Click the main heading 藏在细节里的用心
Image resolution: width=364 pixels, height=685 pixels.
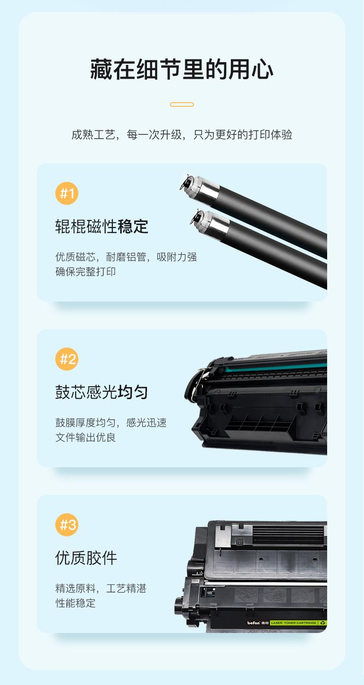182,70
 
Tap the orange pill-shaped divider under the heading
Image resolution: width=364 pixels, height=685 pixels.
182,104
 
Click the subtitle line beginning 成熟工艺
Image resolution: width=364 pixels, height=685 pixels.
182,134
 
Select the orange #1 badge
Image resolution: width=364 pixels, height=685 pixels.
67,193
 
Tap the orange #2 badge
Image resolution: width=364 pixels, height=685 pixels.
67,359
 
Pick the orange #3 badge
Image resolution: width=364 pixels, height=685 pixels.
67,525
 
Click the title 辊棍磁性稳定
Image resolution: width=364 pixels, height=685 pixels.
102,226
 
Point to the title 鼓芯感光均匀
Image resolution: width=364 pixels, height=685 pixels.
102,392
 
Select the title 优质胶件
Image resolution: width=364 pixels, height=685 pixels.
86,558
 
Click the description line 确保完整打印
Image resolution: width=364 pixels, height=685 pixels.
85,272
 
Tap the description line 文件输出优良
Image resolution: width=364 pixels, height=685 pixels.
85,437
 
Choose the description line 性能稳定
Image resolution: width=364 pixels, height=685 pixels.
75,603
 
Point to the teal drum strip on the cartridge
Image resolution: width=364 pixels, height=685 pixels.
276,367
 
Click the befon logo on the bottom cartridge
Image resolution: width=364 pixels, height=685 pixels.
253,622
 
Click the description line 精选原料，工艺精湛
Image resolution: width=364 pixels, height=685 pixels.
101,588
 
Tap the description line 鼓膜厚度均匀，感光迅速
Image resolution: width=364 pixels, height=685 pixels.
111,423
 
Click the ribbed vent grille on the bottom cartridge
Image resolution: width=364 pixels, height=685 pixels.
288,535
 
